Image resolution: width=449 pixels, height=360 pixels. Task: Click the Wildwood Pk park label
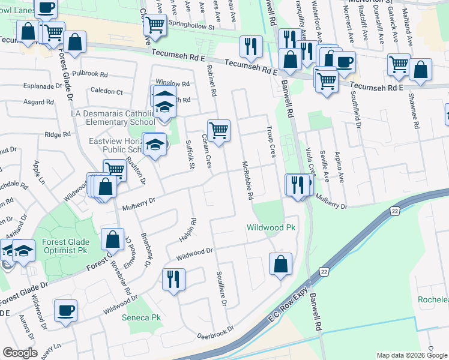271,228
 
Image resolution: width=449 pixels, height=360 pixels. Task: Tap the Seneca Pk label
142,317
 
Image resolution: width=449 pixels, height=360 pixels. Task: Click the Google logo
20,353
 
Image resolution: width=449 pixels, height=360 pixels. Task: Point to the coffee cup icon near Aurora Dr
65,310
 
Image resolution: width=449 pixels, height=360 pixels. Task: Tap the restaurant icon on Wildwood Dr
173,279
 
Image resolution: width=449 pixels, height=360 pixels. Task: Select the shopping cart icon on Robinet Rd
219,130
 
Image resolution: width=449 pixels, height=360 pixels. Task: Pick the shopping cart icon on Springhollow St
155,25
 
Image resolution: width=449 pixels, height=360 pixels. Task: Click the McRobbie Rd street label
247,181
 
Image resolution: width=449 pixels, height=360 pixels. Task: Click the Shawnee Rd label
414,110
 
